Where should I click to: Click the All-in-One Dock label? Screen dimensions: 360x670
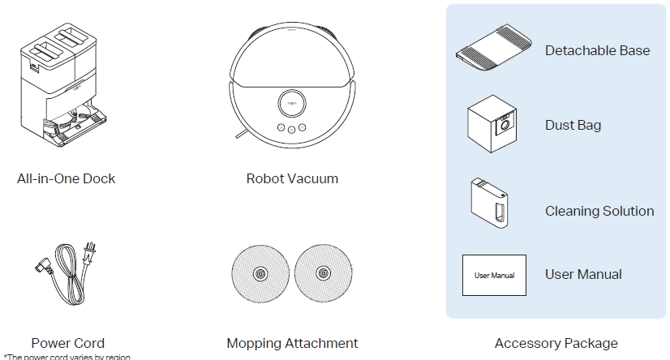click(67, 178)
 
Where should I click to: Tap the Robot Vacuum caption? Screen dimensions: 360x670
click(292, 178)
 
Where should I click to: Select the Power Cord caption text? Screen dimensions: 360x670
click(68, 343)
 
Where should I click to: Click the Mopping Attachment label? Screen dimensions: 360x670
click(292, 343)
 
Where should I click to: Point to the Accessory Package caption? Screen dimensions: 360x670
click(556, 343)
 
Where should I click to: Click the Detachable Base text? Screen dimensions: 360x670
click(597, 50)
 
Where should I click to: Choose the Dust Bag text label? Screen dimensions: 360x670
click(573, 125)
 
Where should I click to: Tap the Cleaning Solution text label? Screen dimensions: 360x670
click(599, 211)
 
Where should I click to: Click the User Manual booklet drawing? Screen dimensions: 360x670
click(494, 275)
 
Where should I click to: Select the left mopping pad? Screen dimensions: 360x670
click(260, 273)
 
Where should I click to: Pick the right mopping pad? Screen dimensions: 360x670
click(324, 273)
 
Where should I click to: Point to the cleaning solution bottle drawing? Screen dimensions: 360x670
click(491, 204)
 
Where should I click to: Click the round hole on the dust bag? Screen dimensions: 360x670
click(505, 125)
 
